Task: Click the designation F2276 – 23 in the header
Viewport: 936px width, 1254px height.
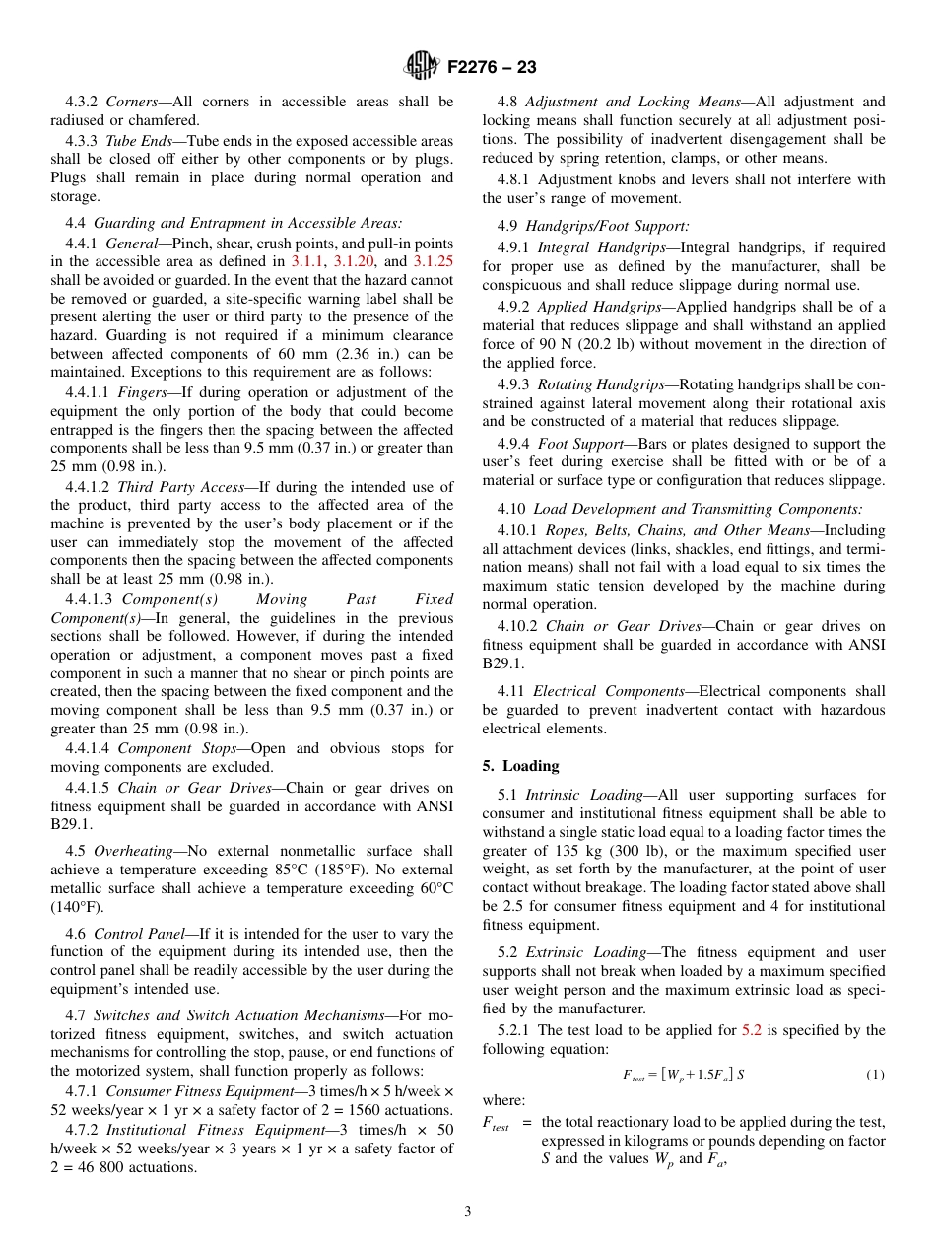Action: point(492,68)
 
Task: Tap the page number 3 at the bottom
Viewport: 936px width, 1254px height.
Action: point(468,1212)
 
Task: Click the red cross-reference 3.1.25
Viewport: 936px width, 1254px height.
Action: point(433,261)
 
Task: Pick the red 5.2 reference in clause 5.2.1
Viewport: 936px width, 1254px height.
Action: point(751,1030)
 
